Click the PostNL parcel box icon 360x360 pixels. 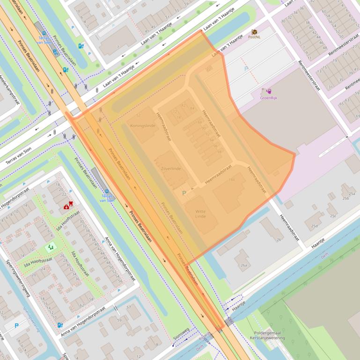pos(254,32)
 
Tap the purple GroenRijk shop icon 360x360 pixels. pos(269,90)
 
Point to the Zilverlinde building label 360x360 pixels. pos(170,168)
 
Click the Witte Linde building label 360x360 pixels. pos(200,214)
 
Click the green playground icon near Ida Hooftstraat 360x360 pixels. pos(50,246)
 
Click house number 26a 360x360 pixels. pos(244,265)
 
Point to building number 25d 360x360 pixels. pos(314,226)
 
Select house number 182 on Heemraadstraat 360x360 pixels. pos(231,180)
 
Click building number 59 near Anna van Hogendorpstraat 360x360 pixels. pos(119,320)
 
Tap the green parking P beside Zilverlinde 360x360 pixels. pos(184,193)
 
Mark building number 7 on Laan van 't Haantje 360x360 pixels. pos(118,47)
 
